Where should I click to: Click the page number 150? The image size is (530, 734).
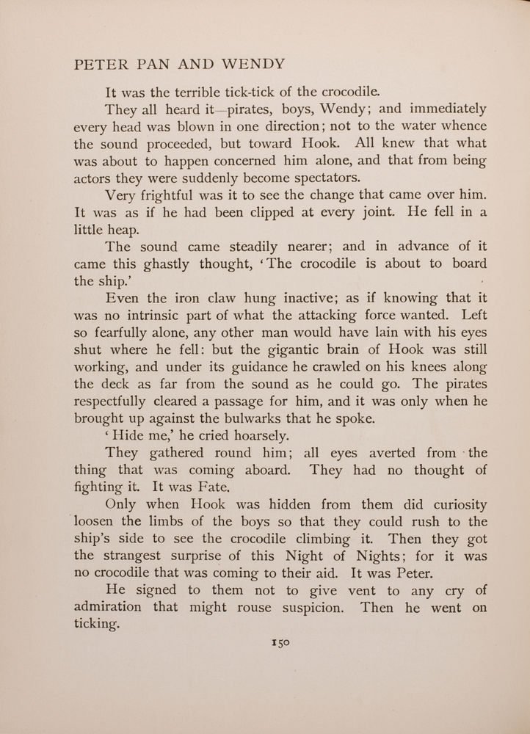(x=281, y=641)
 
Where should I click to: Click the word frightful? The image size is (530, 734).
(x=179, y=195)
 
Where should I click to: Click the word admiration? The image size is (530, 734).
(x=109, y=608)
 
